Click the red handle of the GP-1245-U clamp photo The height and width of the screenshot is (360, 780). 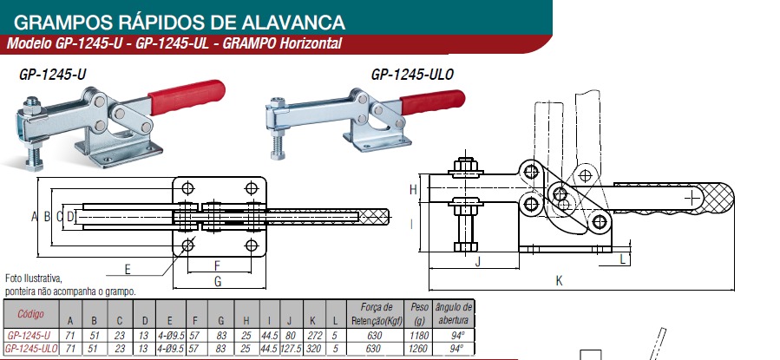pyautogui.click(x=187, y=97)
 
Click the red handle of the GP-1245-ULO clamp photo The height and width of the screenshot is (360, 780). pyautogui.click(x=432, y=101)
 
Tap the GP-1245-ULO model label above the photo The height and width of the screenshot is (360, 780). pyautogui.click(x=412, y=75)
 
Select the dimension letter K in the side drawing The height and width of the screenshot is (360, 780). pyautogui.click(x=559, y=281)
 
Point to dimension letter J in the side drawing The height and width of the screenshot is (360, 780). pyautogui.click(x=477, y=262)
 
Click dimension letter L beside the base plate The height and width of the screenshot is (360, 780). pyautogui.click(x=623, y=259)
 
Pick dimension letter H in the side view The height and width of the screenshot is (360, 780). pyautogui.click(x=413, y=189)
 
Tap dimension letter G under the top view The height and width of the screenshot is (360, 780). pyautogui.click(x=218, y=281)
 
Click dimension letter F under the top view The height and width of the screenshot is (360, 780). pyautogui.click(x=217, y=265)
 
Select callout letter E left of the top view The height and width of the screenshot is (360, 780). pyautogui.click(x=128, y=270)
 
